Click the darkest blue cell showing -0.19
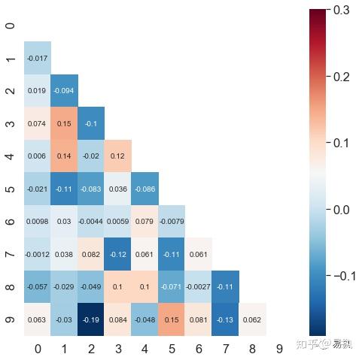pos(91,319)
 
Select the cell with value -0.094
pos(64,91)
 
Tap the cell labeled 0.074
pos(37,123)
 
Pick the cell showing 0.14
pos(64,156)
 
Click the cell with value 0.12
pos(118,156)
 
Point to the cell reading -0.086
pos(144,189)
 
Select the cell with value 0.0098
pos(37,221)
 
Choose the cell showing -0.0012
pos(37,253)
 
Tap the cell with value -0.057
pos(37,286)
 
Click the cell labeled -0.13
pos(226,319)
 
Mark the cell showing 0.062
pos(253,319)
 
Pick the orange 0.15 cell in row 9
pos(172,319)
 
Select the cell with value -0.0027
pos(199,286)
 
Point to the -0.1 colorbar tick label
pos(343,276)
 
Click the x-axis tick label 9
pos(280,349)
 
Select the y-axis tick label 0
pos(10,26)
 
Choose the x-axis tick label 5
pos(172,349)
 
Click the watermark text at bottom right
pos(324,344)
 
